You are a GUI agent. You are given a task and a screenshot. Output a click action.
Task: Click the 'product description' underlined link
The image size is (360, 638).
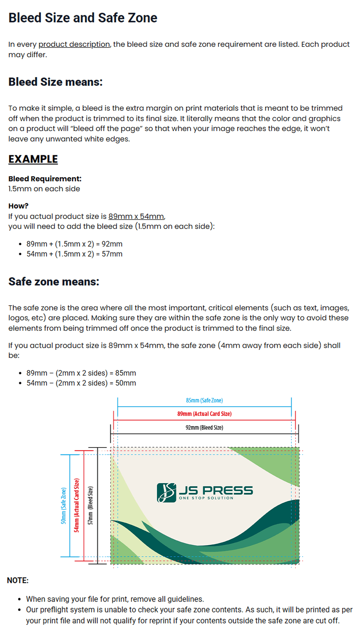pos(74,44)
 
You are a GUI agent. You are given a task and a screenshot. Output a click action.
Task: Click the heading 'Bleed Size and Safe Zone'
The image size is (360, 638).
pos(83,18)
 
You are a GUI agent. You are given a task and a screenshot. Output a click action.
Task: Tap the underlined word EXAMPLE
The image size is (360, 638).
pos(33,159)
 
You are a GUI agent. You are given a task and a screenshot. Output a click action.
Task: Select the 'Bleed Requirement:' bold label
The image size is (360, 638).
pos(45,179)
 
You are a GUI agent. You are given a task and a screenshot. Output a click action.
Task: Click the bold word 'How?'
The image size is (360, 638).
pos(18,206)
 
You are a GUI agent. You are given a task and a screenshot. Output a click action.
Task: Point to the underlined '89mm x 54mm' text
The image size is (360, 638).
pos(136,216)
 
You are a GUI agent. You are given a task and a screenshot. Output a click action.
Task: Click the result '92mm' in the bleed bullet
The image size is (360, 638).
pos(112,244)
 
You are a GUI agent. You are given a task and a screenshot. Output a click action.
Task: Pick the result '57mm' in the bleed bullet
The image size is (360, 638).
pos(112,254)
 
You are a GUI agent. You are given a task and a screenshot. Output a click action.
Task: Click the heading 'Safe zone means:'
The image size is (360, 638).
pos(54,282)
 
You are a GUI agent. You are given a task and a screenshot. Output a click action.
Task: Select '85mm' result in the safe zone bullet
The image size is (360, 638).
pos(126,373)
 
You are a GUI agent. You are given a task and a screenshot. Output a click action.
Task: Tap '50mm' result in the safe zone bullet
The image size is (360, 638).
pos(126,383)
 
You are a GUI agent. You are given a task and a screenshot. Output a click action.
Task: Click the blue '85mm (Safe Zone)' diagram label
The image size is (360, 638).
pos(204,400)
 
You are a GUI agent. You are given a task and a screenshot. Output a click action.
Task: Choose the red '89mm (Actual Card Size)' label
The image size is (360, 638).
pos(204,414)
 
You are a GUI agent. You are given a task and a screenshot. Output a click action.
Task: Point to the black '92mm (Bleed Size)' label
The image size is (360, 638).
pos(204,427)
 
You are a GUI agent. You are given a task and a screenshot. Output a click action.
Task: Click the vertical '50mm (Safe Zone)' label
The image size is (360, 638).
pos(64,506)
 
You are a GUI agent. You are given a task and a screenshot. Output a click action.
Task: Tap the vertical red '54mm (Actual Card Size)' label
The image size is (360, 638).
pos(76,505)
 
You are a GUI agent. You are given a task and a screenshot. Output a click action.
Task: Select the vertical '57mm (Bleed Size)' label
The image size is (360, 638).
pos(90,505)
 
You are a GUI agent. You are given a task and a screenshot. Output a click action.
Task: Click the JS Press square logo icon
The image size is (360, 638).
pos(166,493)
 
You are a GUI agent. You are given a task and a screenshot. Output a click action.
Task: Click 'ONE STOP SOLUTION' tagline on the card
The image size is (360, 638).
pos(206,498)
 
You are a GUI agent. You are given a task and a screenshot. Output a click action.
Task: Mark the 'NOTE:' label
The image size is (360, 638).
pos(18,580)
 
